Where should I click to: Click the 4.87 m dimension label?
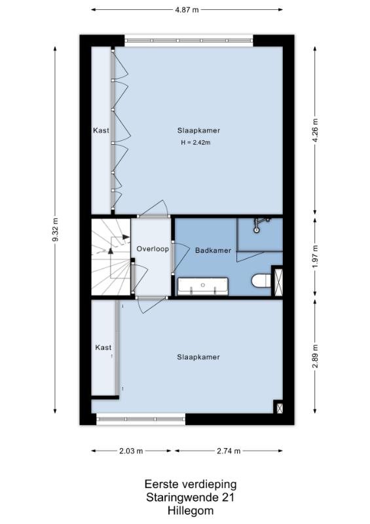point(187,10)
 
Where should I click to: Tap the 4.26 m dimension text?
point(315,130)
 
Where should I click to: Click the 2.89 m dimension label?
point(315,356)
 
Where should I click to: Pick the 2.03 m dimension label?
point(131,451)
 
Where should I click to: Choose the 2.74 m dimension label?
point(229,451)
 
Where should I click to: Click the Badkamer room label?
point(213,250)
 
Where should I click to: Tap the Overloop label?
point(153,249)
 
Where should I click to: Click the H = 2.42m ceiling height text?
point(196,143)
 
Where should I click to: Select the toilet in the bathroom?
point(261,280)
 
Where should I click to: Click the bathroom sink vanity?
point(203,286)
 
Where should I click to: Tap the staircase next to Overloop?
point(111,257)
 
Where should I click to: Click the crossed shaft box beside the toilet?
point(278,282)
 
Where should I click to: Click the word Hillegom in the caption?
point(191,511)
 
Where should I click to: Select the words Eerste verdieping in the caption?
point(191,484)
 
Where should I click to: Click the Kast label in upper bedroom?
point(101,130)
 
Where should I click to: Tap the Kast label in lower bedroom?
point(103,348)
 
